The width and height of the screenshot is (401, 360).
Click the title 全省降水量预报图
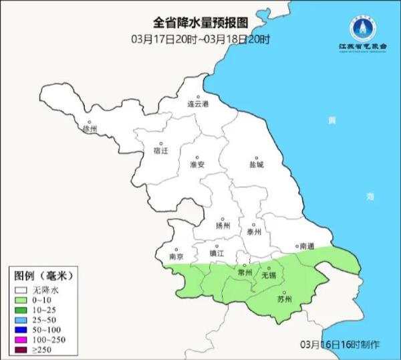[200, 24]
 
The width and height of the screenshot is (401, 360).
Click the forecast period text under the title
[200, 39]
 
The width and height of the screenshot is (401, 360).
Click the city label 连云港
[198, 105]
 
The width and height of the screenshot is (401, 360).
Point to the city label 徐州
[89, 128]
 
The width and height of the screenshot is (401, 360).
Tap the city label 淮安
[197, 164]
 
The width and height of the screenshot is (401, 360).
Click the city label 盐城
[256, 164]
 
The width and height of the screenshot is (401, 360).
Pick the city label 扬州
[223, 226]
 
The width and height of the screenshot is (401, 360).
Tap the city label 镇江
[218, 254]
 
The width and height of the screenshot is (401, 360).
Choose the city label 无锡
[269, 275]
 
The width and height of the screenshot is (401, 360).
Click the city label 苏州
[285, 299]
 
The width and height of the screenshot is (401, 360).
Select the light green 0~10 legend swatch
[21, 300]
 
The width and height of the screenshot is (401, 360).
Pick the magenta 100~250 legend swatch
[21, 340]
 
